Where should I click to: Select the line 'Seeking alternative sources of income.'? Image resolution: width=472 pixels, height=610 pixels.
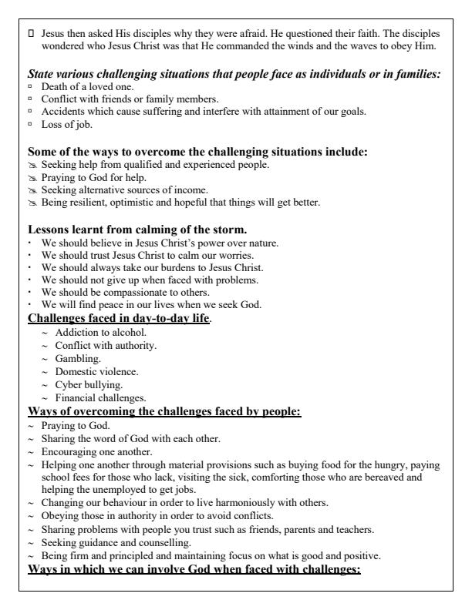(x=116, y=190)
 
